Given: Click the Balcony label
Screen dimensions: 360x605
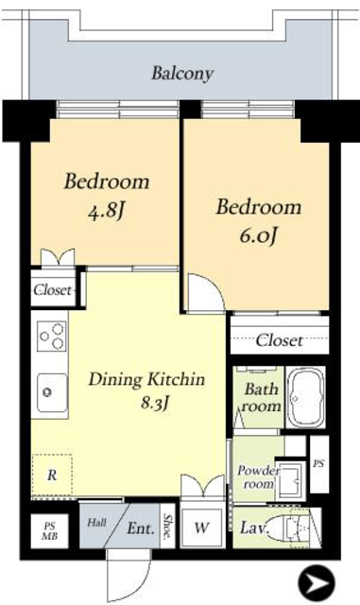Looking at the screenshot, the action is pyautogui.click(x=181, y=74).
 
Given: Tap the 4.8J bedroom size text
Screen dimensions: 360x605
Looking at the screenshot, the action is pyautogui.click(x=107, y=211).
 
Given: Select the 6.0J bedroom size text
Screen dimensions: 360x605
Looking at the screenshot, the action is pyautogui.click(x=258, y=235).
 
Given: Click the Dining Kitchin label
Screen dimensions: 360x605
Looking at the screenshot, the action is pyautogui.click(x=146, y=379).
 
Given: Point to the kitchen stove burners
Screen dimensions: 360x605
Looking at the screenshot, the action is pyautogui.click(x=51, y=336).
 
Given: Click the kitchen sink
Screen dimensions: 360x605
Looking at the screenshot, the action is pyautogui.click(x=51, y=392).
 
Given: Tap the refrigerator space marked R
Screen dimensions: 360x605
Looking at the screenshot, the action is pyautogui.click(x=52, y=475).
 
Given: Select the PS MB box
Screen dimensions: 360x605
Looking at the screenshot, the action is pyautogui.click(x=49, y=531).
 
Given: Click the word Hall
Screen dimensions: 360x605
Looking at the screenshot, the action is pyautogui.click(x=96, y=523).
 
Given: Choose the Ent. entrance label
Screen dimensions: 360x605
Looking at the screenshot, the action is pyautogui.click(x=141, y=528).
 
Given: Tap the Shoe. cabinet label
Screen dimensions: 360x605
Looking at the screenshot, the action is pyautogui.click(x=168, y=526).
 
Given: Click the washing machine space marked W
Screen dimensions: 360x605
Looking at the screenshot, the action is pyautogui.click(x=202, y=527).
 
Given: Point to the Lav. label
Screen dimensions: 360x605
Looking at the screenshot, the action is pyautogui.click(x=254, y=527).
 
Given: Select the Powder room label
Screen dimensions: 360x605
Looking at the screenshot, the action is pyautogui.click(x=258, y=476).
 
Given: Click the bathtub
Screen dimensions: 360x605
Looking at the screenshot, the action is pyautogui.click(x=306, y=397).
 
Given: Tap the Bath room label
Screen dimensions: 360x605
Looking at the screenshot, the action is pyautogui.click(x=261, y=397).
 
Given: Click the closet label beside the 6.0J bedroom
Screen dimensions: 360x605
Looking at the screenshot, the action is pyautogui.click(x=279, y=340).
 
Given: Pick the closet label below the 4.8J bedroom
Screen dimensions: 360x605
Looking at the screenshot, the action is pyautogui.click(x=53, y=290).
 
